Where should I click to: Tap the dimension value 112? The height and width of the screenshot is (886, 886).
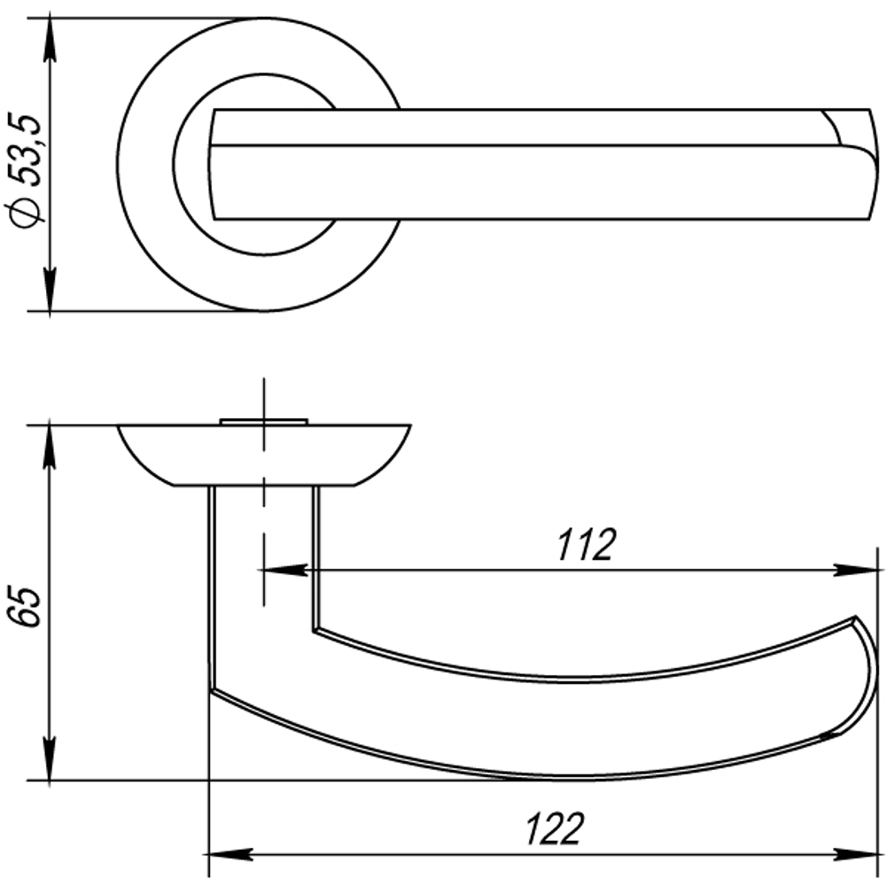(x=586, y=545)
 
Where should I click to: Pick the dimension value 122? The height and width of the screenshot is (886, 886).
(x=554, y=829)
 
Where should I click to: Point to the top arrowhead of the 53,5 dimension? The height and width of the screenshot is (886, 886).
(x=50, y=40)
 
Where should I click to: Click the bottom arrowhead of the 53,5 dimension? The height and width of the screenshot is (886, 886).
(x=50, y=290)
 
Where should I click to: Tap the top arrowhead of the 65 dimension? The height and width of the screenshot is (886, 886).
(x=50, y=447)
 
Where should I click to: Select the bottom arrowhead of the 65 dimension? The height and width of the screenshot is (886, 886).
(x=50, y=759)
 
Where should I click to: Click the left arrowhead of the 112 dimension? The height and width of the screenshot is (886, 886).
(x=286, y=571)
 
